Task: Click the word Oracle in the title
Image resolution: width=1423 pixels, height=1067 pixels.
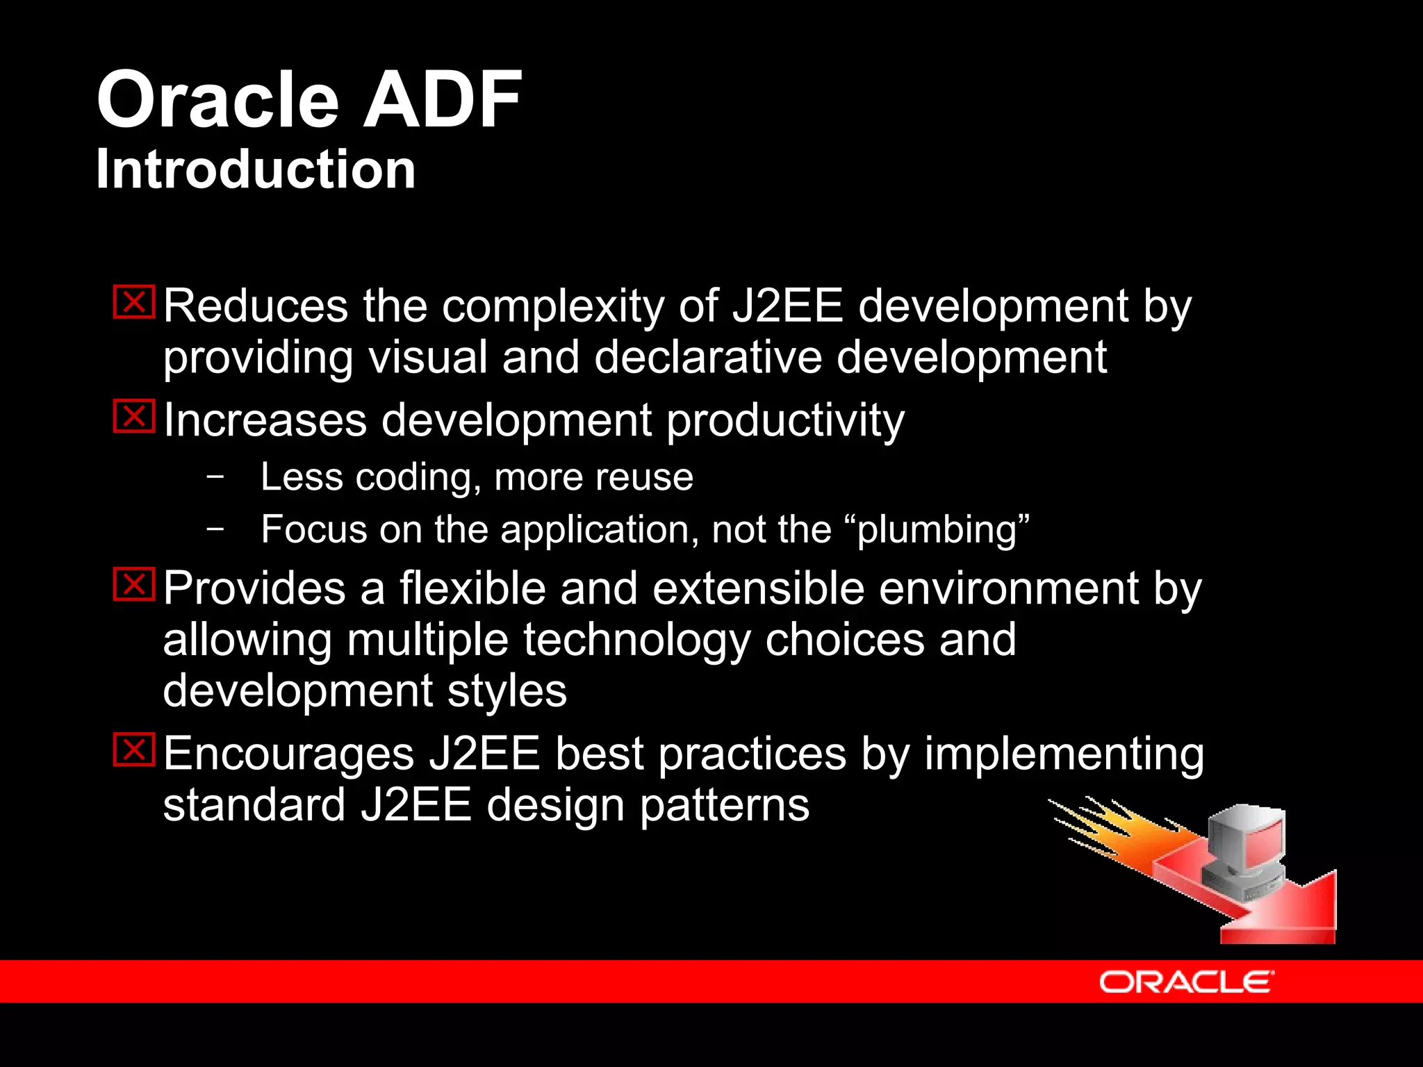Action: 217,101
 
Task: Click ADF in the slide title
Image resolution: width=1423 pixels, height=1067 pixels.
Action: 442,101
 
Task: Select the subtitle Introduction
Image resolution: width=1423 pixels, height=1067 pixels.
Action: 256,169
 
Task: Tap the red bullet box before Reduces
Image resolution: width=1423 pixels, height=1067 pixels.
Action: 134,302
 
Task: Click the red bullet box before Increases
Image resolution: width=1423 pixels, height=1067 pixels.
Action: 134,416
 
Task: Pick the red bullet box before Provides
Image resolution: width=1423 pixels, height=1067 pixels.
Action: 134,584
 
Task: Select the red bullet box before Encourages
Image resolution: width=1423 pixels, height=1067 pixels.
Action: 134,750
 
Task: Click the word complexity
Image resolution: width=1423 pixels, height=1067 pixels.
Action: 552,306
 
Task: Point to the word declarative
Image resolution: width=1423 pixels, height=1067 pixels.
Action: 707,357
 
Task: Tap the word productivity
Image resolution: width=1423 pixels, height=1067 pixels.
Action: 785,421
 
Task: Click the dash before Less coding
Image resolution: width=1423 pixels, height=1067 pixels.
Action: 215,477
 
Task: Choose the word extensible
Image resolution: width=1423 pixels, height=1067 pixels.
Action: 758,588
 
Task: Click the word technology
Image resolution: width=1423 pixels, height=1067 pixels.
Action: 636,640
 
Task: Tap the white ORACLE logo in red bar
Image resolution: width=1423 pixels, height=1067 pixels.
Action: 1186,982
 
